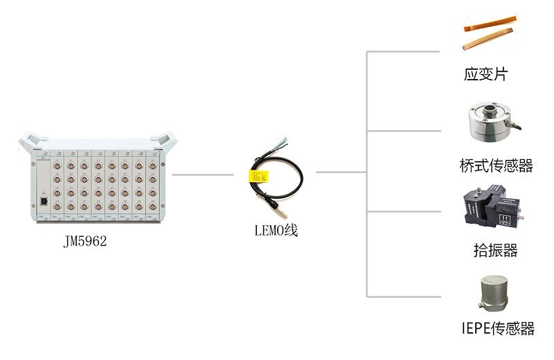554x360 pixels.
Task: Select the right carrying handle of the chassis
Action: coord(168,141)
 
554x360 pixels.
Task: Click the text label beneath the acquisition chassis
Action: coord(91,241)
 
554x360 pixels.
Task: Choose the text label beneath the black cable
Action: coord(267,233)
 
